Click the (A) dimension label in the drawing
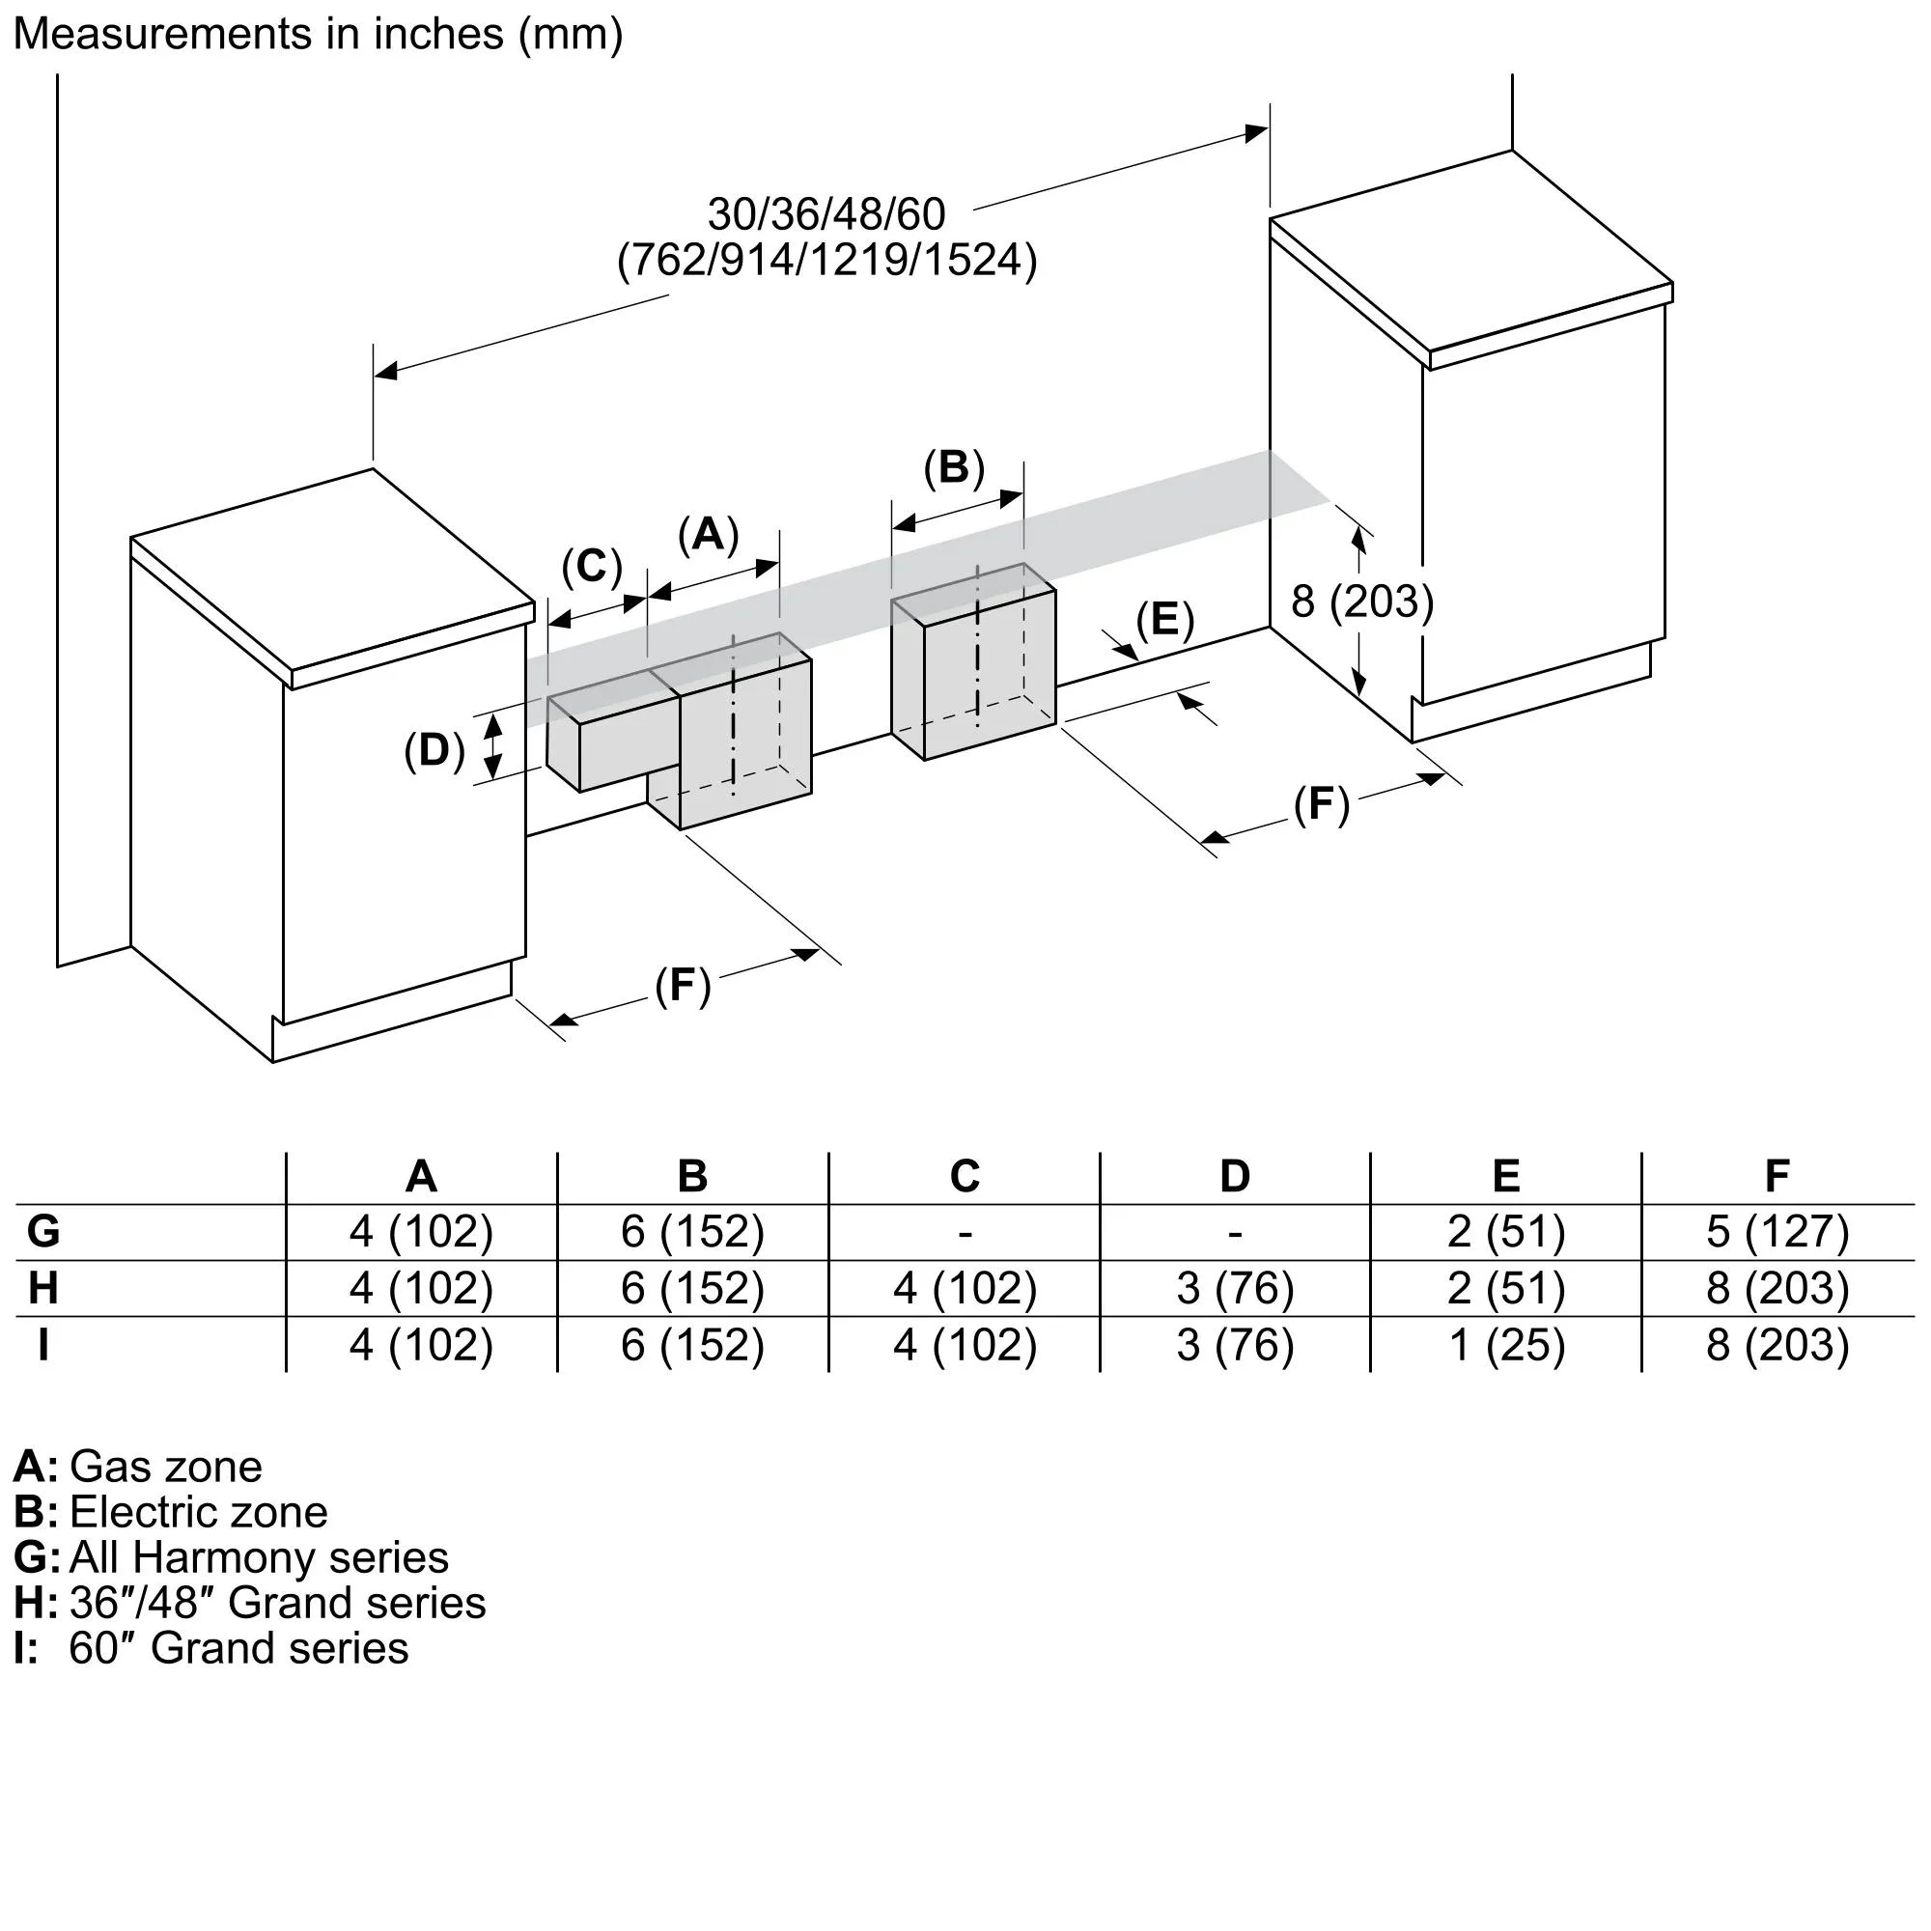(x=708, y=535)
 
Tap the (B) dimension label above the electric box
(x=954, y=467)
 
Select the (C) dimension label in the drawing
(x=592, y=567)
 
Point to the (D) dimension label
(x=434, y=749)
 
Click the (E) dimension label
(x=1164, y=620)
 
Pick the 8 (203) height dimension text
(x=1361, y=602)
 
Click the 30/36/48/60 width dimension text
(x=826, y=214)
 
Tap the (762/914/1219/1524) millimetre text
(x=826, y=260)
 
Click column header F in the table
(x=1777, y=1176)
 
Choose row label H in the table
(x=43, y=1288)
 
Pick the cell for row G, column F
(x=1777, y=1231)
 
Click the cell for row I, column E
(x=1506, y=1345)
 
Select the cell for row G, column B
(x=691, y=1231)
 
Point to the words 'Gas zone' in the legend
(x=166, y=1468)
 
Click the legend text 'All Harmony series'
(x=259, y=1557)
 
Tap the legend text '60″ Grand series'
(x=238, y=1648)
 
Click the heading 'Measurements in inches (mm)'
(x=318, y=34)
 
